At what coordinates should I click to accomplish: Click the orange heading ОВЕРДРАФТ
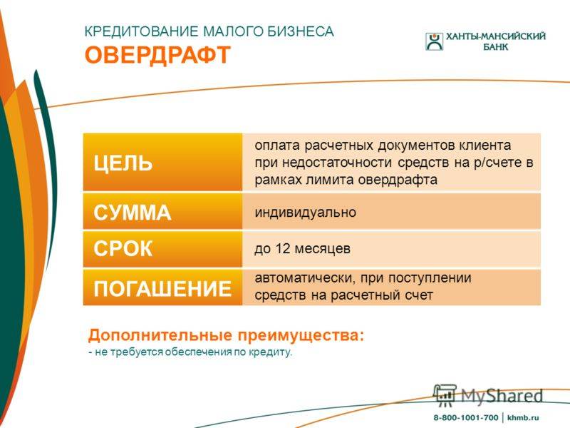click(157, 56)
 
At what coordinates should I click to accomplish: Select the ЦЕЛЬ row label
click(123, 163)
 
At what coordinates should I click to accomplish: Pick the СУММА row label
click(132, 212)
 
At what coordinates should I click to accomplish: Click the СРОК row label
click(123, 248)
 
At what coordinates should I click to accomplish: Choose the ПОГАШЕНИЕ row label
click(162, 288)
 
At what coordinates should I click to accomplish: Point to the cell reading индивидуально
click(306, 212)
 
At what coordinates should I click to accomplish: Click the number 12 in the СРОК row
click(283, 248)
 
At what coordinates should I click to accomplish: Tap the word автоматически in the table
click(304, 278)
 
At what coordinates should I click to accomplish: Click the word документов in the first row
click(416, 146)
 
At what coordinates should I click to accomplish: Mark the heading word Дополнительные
click(160, 335)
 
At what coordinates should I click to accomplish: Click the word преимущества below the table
click(301, 336)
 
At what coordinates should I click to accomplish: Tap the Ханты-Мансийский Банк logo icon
click(434, 41)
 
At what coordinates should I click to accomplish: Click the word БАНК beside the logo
click(495, 47)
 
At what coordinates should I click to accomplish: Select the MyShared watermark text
click(502, 396)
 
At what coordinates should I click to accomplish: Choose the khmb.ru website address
click(523, 418)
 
